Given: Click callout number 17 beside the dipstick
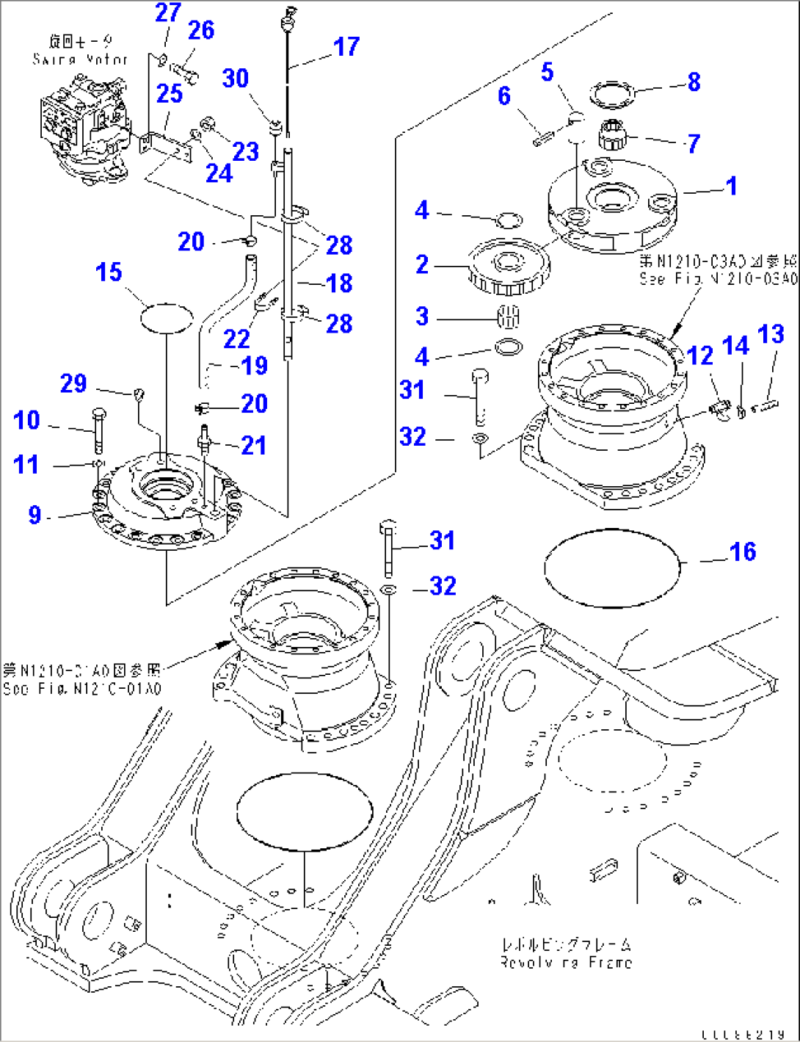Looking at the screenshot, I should pyautogui.click(x=346, y=47).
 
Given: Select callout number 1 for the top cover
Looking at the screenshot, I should pyautogui.click(x=731, y=186).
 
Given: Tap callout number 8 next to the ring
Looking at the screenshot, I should pyautogui.click(x=694, y=82).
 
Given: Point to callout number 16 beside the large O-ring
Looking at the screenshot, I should pyautogui.click(x=742, y=551).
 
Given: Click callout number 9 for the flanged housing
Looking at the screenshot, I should pyautogui.click(x=34, y=515).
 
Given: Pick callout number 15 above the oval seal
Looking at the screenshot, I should pyautogui.click(x=109, y=272).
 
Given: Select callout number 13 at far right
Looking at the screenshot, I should pyautogui.click(x=771, y=335).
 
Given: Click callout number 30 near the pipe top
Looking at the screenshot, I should pyautogui.click(x=236, y=79).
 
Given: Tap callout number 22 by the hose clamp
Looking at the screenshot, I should pyautogui.click(x=236, y=339).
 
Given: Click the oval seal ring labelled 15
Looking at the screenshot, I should pyautogui.click(x=167, y=318).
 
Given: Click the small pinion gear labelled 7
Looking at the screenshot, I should pyautogui.click(x=611, y=134).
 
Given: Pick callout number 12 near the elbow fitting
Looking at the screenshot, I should pyautogui.click(x=700, y=356).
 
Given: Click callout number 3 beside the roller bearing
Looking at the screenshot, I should pyautogui.click(x=422, y=316).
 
